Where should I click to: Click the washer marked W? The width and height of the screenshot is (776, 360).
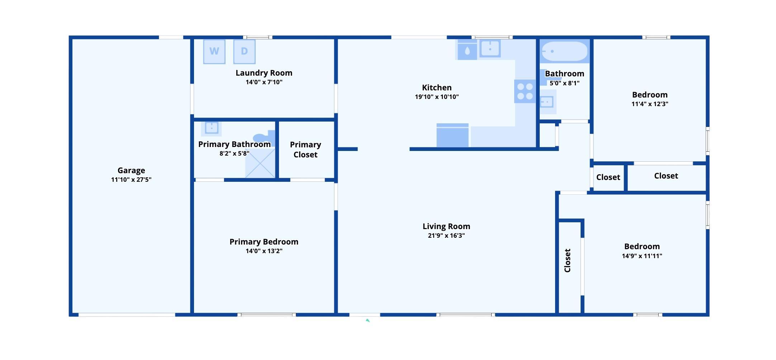pos(214,52)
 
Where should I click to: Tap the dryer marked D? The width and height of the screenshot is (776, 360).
pos(244,52)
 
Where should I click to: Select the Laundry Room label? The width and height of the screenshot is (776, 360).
pos(264,73)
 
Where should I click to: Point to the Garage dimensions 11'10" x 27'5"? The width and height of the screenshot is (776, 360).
pos(131,180)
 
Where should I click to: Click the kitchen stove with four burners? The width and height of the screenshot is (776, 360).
pos(525,91)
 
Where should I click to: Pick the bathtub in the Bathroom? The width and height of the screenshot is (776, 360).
pos(564,51)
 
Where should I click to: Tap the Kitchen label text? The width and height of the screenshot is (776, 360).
pos(437,87)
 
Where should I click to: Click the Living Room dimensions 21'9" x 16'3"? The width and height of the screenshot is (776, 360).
pos(446,236)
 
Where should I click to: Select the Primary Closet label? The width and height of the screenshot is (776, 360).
pos(306,150)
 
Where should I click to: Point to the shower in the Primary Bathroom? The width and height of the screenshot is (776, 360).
pos(260,163)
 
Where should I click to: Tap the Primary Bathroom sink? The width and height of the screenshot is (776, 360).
pos(212,128)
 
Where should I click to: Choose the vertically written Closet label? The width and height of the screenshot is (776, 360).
pos(567,261)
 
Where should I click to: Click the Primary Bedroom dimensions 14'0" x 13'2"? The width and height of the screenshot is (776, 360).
pos(264,251)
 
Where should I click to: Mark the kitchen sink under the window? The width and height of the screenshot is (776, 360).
pos(490,48)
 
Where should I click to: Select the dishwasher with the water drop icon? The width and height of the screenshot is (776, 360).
pos(467,50)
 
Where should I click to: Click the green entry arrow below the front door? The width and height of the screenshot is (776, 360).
pos(368,320)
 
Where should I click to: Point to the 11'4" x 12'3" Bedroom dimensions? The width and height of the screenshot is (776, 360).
pos(650,104)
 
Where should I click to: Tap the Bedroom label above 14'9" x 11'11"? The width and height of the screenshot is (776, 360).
pos(642,246)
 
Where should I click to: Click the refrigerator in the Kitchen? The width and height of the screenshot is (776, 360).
pos(453,135)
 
